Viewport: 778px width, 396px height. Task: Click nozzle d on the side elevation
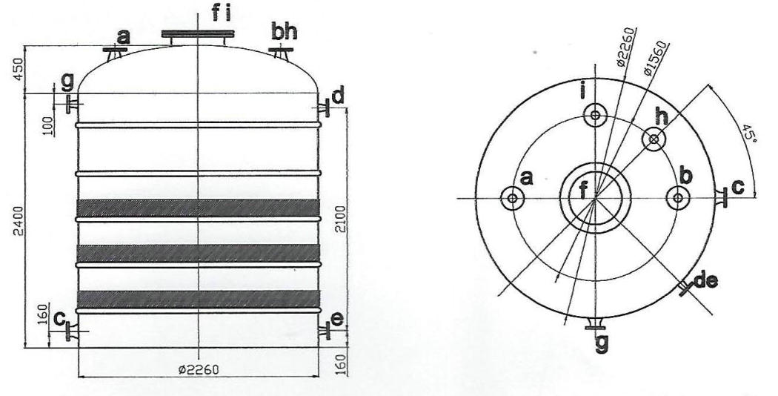(325, 108)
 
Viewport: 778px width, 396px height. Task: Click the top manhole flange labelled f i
(198, 33)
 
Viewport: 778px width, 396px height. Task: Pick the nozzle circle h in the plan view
(654, 139)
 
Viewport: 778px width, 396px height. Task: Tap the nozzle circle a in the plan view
(511, 198)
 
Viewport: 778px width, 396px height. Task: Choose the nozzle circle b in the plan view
(677, 198)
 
